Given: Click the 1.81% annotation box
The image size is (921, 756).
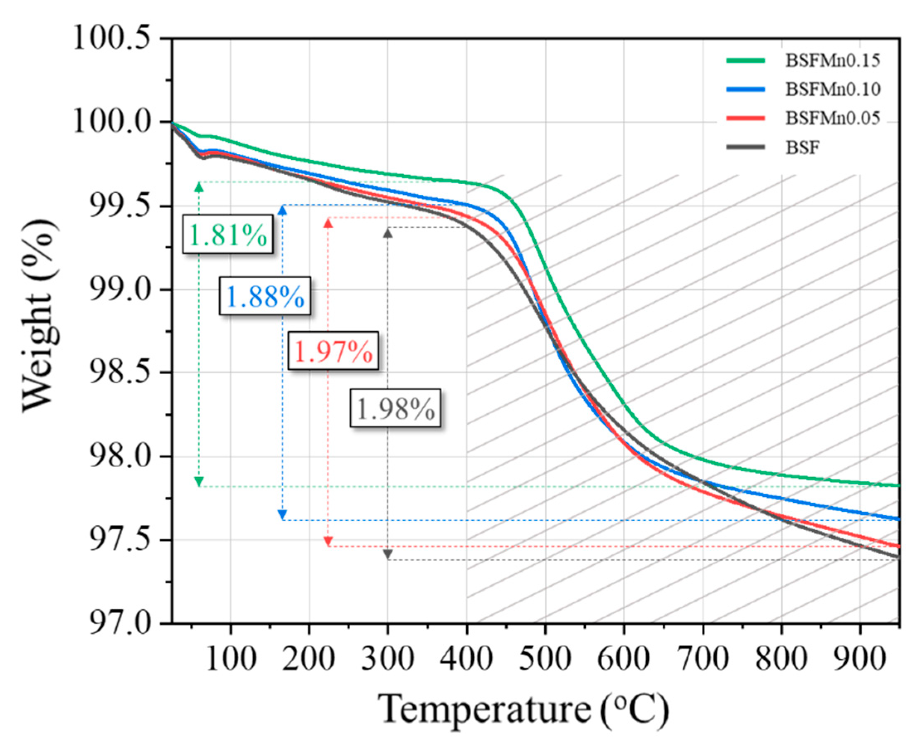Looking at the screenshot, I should pyautogui.click(x=228, y=234).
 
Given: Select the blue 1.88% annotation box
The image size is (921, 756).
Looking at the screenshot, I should pyautogui.click(x=264, y=296).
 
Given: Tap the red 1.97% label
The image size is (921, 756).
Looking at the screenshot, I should pyautogui.click(x=333, y=351).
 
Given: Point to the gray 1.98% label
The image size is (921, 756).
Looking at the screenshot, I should pyautogui.click(x=395, y=407).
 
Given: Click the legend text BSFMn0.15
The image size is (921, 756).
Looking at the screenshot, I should pyautogui.click(x=832, y=61).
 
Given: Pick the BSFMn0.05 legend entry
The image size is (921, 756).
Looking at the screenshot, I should pyautogui.click(x=832, y=118).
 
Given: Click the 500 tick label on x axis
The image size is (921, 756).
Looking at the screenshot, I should pyautogui.click(x=545, y=658).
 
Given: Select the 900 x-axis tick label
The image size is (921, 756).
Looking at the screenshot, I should pyautogui.click(x=860, y=658).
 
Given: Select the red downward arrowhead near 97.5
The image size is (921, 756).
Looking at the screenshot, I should pyautogui.click(x=328, y=541).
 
